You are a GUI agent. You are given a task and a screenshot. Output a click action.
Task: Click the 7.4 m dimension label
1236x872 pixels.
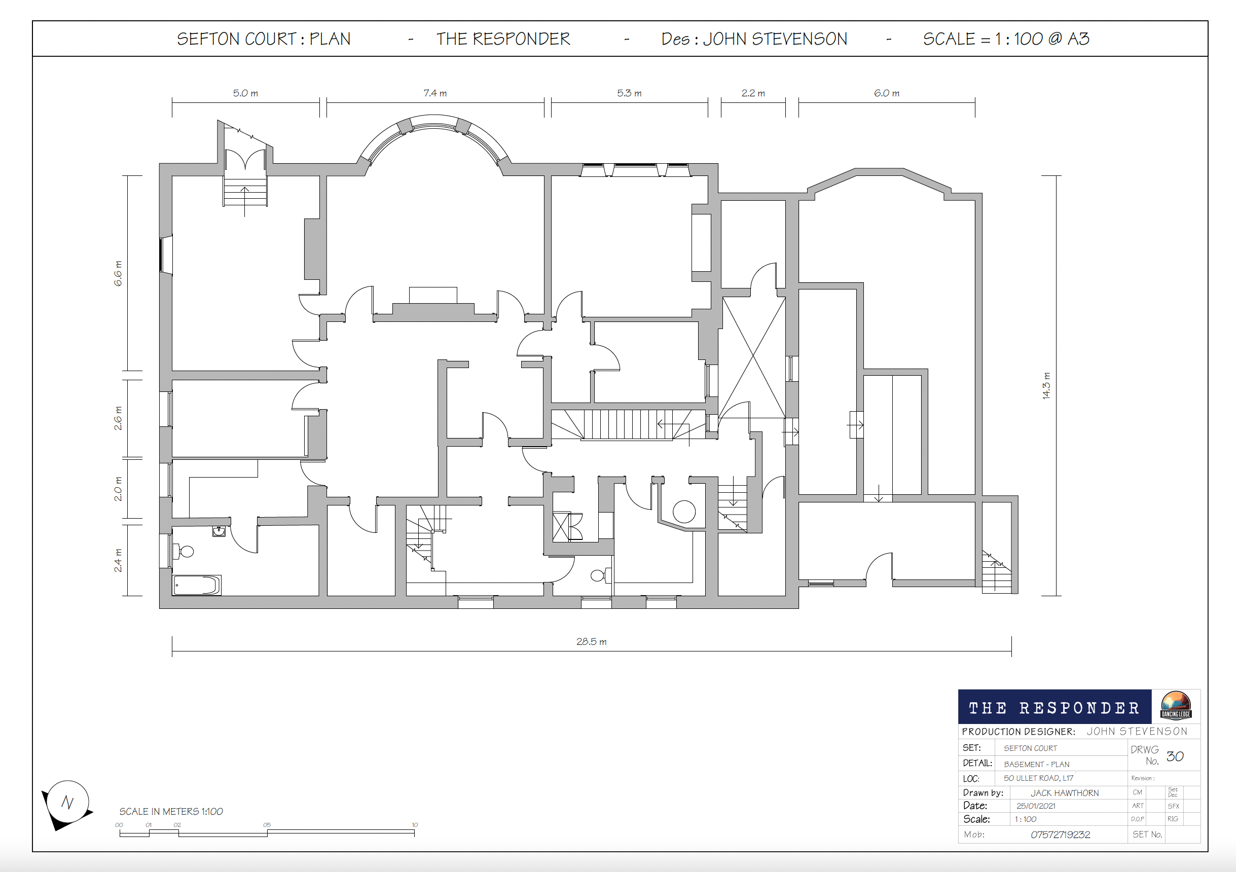coord(435,93)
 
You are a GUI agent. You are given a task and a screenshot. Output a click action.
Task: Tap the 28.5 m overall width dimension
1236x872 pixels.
coord(591,642)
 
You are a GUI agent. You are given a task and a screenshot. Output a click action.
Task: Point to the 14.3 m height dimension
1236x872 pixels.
coord(1046,385)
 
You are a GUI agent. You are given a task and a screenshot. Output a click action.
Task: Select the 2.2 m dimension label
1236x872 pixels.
coord(753,93)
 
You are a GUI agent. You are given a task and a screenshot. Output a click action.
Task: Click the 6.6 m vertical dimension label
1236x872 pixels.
coord(118,273)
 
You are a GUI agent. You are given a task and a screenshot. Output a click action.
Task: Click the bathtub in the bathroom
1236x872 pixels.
coord(197,585)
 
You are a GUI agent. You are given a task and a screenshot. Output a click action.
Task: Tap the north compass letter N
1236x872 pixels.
coord(67,802)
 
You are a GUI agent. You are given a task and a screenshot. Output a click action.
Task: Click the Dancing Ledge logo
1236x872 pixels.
coord(1176,706)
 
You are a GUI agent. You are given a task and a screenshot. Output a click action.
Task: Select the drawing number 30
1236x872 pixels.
coord(1175,756)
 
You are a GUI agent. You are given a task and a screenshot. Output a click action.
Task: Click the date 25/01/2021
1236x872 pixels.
coord(1036,806)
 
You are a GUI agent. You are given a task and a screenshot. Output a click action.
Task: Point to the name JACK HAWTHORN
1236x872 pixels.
coord(1064,793)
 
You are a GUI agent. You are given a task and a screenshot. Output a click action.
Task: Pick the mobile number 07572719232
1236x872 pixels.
coord(1060,834)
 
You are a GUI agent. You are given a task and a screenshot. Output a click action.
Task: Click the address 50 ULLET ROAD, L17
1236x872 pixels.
coord(1038,778)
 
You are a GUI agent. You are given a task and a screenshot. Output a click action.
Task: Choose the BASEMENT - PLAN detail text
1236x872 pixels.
coord(1036,765)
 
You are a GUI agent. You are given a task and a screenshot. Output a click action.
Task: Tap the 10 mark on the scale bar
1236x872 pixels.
coord(415,825)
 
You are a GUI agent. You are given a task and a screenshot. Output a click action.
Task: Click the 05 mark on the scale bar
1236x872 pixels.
coord(267,825)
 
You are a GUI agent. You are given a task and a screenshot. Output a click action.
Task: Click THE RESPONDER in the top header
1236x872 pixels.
coord(503,39)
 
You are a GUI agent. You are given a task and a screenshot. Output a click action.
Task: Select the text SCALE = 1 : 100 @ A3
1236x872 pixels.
coord(1006,39)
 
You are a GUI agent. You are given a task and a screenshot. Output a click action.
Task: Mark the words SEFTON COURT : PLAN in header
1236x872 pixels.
coord(264,39)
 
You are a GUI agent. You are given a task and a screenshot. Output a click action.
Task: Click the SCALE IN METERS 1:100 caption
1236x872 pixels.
coord(171,811)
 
